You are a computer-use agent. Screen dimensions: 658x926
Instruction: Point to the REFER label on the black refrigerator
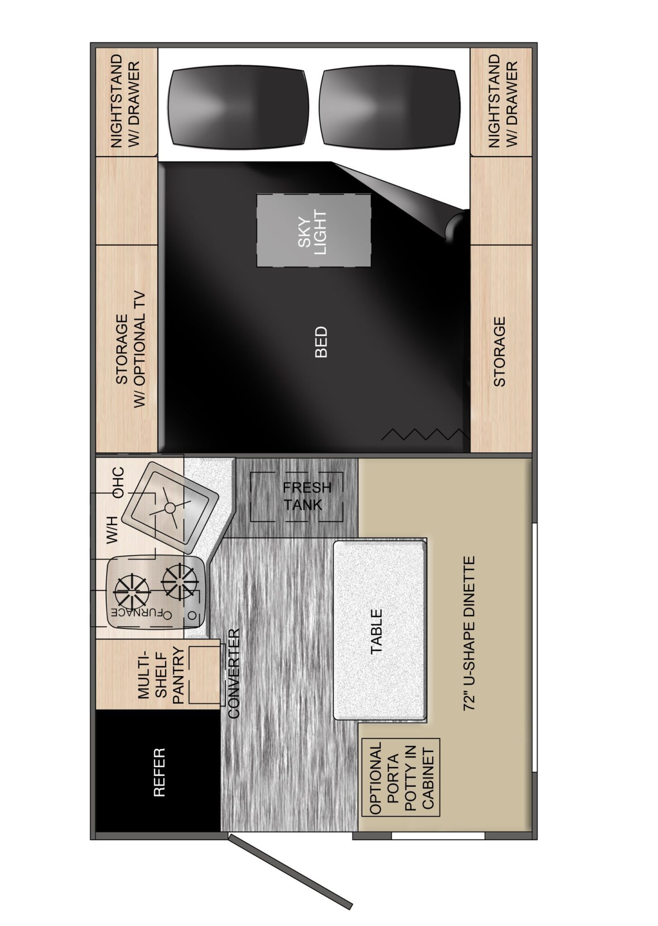(159, 772)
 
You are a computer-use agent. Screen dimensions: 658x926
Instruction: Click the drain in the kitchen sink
(170, 508)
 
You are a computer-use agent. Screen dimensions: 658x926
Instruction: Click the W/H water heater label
(111, 529)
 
